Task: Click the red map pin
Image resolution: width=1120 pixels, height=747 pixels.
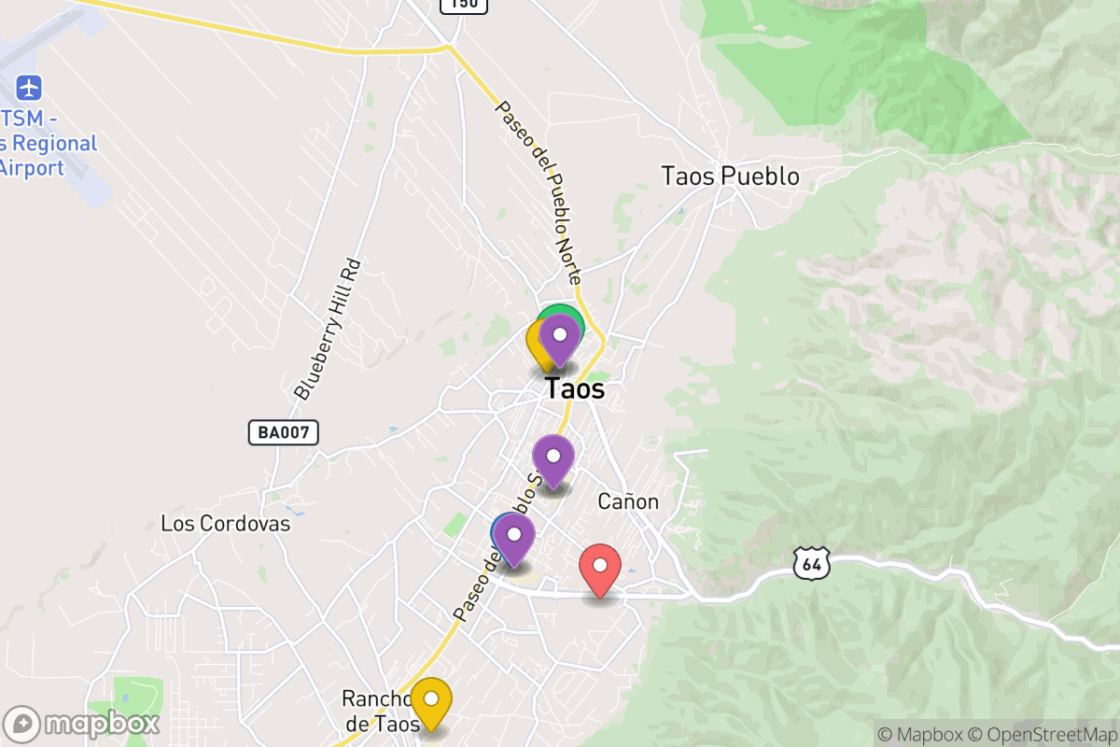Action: click(x=600, y=566)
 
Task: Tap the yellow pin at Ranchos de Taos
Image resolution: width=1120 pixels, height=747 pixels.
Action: click(x=431, y=699)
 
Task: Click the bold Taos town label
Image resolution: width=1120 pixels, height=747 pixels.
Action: click(x=574, y=388)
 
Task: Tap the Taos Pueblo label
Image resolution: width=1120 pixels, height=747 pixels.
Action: click(x=730, y=176)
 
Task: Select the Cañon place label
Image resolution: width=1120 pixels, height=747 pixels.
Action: click(x=628, y=501)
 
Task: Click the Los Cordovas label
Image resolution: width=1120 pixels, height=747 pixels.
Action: click(x=226, y=524)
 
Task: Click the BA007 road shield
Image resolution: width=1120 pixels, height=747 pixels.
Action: click(x=284, y=432)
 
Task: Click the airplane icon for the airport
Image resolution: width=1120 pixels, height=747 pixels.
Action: click(x=30, y=89)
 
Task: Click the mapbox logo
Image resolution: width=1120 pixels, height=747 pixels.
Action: click(x=81, y=724)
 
